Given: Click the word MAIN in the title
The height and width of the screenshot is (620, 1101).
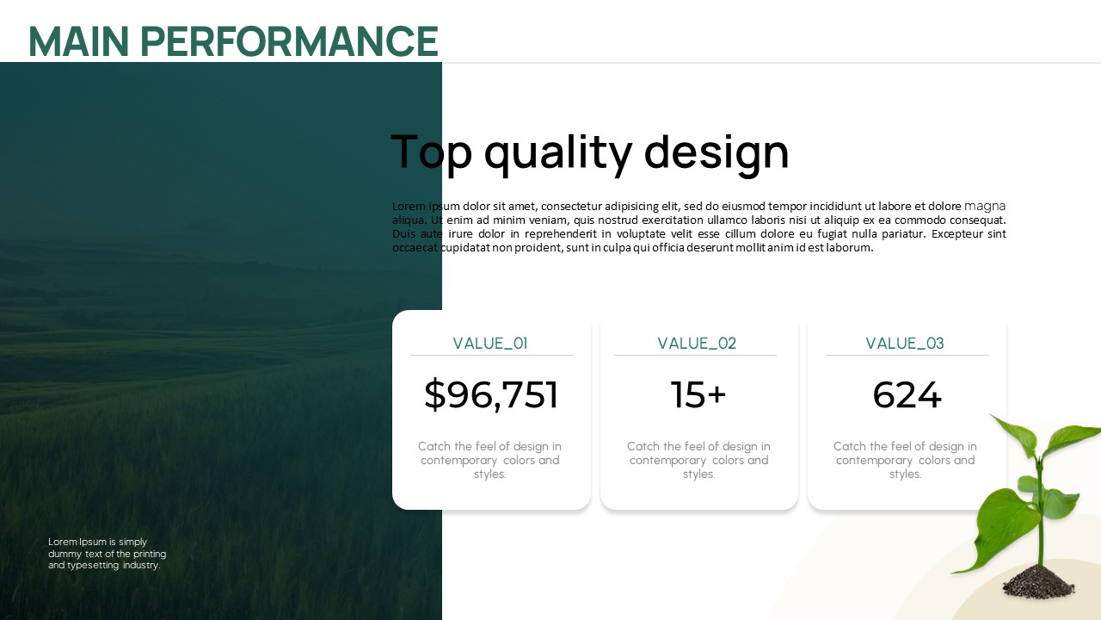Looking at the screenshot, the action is tap(79, 41).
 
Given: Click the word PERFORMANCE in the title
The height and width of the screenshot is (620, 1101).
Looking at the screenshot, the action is tap(289, 41).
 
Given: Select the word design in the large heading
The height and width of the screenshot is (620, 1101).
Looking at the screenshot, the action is tap(717, 153).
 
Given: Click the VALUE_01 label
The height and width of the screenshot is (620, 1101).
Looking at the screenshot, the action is tap(490, 344).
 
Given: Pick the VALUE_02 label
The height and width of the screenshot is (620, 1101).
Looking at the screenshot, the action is tap(697, 344).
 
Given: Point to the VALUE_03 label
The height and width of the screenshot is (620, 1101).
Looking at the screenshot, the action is tap(905, 344).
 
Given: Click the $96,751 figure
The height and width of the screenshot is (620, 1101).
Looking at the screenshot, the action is tap(491, 394).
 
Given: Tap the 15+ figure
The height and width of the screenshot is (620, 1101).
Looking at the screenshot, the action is tap(698, 394).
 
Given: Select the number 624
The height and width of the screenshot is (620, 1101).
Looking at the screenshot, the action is tap(907, 394).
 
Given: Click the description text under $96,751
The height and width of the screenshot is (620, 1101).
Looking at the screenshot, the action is tap(490, 460).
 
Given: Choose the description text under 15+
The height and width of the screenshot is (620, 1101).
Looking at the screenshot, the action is tap(698, 460).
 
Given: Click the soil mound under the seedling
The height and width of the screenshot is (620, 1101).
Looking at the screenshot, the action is tap(1038, 583).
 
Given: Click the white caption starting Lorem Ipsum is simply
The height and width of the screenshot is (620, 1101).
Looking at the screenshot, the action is tap(108, 554).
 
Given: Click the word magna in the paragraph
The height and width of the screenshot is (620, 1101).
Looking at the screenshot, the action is tap(985, 206).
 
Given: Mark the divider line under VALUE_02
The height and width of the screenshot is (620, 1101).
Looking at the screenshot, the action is tap(696, 355).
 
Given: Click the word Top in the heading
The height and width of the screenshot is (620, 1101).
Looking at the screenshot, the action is tap(432, 153).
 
